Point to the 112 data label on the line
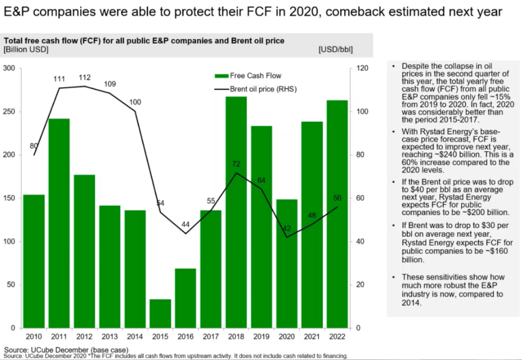[85, 78]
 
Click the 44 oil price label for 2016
[185, 224]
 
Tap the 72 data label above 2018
[236, 164]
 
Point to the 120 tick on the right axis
[361, 68]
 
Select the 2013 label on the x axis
[110, 336]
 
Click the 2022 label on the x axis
[338, 336]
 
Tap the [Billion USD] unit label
[24, 50]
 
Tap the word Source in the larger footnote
[16, 350]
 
